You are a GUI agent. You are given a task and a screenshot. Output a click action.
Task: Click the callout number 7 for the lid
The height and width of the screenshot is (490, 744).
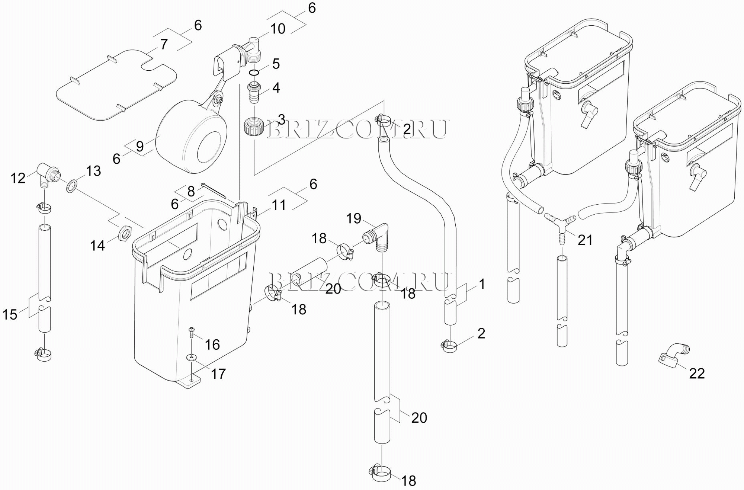(164, 44)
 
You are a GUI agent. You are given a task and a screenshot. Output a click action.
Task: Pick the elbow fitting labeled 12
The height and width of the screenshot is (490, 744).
(47, 173)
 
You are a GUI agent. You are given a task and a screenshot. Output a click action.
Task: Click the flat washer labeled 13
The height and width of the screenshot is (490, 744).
(71, 185)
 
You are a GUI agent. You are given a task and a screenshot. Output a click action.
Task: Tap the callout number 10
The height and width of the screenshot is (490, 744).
(278, 29)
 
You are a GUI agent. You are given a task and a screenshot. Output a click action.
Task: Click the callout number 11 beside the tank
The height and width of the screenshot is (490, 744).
(279, 205)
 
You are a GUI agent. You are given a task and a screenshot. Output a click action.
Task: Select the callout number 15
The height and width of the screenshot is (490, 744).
(10, 315)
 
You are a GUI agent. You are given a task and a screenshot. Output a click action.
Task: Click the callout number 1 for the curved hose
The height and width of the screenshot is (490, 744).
(482, 284)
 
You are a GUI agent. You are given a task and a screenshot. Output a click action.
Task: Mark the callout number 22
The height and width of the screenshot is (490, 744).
(697, 373)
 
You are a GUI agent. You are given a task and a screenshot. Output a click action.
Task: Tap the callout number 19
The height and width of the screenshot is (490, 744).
(354, 218)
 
